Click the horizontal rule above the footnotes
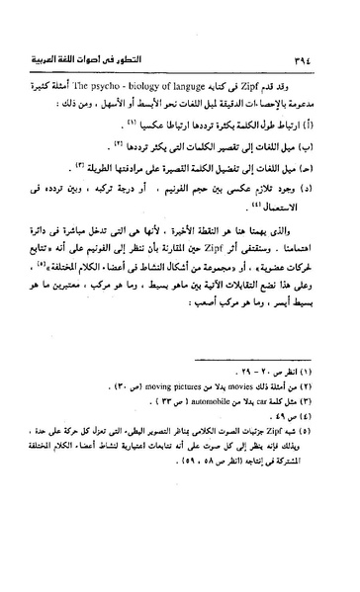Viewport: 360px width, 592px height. pyautogui.click(x=247, y=394)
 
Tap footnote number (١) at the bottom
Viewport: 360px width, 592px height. pyautogui.click(x=315, y=408)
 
